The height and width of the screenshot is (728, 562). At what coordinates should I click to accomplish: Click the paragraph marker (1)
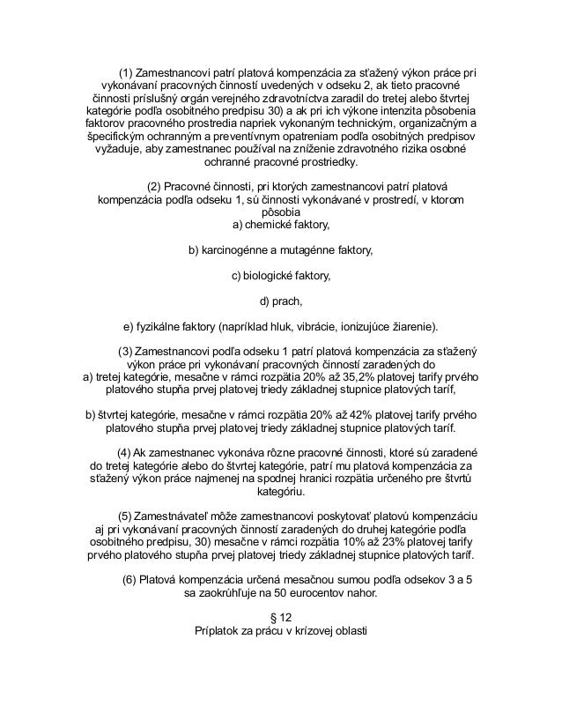[126, 71]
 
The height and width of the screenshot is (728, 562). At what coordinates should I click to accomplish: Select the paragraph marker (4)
[124, 453]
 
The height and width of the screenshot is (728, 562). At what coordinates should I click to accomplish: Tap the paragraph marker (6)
[129, 580]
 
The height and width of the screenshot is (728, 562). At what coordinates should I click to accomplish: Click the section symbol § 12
[280, 618]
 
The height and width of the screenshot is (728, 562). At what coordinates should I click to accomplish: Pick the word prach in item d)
[287, 301]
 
